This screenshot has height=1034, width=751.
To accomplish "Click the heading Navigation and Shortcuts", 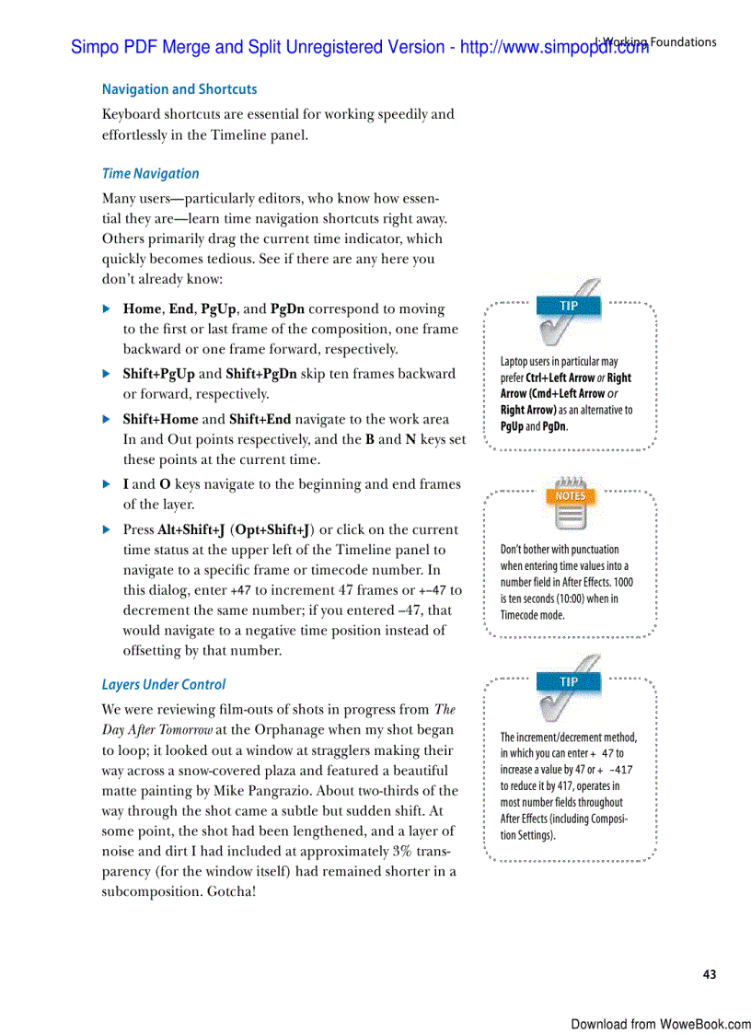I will coord(179,89).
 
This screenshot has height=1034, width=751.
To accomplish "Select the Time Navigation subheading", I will coord(150,173).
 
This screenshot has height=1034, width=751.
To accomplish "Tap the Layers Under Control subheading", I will coord(163,684).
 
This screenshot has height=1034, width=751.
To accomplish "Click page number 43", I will coord(709,974).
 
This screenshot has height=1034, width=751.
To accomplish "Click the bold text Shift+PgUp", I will coord(159,374).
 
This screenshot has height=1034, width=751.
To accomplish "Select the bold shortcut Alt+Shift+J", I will coord(191,529).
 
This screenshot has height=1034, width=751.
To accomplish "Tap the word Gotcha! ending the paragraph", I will coord(226,891).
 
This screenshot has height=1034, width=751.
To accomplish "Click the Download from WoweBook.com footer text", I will coord(660,1024).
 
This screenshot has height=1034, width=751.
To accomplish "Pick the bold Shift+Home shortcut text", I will coord(160,419).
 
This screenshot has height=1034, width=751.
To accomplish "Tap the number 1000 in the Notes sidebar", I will coord(622,582).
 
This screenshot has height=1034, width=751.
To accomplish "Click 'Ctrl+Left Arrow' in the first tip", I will coord(560,378).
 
